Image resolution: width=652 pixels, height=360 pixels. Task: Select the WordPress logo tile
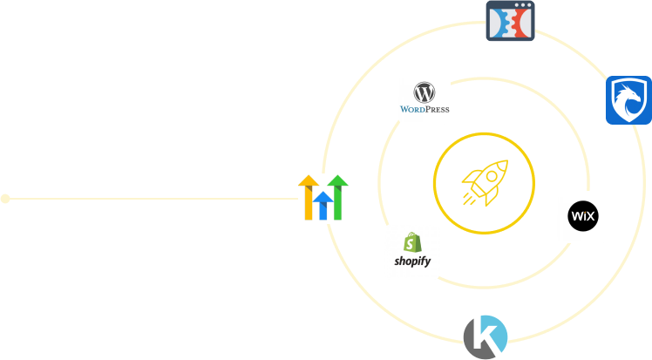tap(424, 98)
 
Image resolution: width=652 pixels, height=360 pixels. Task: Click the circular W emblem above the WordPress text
tap(424, 92)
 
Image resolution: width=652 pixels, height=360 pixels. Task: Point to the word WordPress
tap(424, 110)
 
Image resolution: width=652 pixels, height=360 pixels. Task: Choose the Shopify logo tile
tap(412, 252)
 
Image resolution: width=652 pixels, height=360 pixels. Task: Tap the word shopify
tap(412, 262)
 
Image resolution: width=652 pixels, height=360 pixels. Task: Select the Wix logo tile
tap(582, 216)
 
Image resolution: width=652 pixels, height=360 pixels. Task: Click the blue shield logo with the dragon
tap(628, 100)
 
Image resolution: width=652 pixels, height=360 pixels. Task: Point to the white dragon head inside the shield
tap(628, 99)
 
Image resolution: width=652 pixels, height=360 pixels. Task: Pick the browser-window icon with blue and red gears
tap(510, 22)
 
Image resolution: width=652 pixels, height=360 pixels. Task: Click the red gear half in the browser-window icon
tap(520, 24)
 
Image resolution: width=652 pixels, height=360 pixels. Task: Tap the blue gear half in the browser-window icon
tap(499, 24)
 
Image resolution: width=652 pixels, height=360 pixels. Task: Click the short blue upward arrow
tap(323, 206)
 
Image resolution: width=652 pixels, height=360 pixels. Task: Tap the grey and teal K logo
tap(485, 338)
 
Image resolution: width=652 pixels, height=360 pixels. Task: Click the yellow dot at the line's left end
tap(5, 199)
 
